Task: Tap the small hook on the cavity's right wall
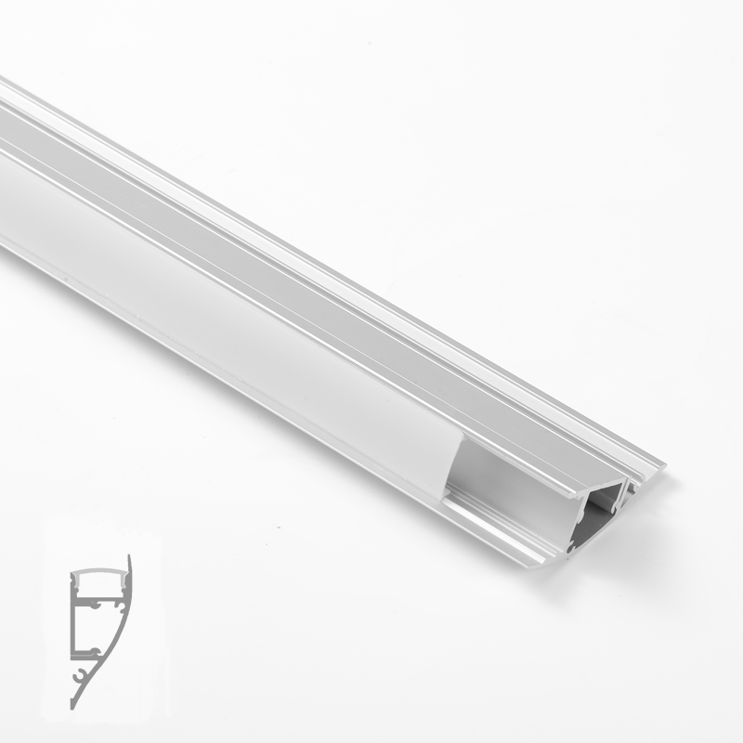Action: tap(615, 509)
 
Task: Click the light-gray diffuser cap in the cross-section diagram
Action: tap(98, 573)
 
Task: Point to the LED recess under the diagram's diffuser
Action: tap(97, 587)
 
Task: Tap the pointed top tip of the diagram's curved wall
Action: tap(129, 558)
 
